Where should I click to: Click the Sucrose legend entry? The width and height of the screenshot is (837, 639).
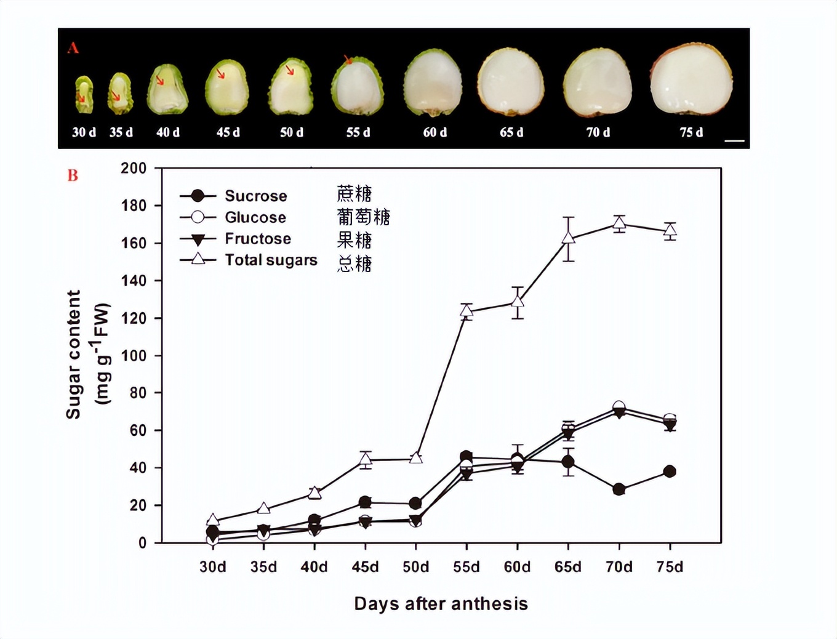[234, 196]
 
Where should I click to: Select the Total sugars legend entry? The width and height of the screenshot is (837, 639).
[249, 260]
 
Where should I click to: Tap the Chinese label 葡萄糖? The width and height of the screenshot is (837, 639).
[363, 217]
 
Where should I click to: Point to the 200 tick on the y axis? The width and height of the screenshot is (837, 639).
[134, 168]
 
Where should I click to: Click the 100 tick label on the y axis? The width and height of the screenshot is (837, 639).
[134, 356]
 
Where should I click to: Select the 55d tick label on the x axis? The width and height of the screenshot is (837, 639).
[466, 567]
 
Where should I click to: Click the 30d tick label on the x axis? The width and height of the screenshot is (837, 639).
[212, 567]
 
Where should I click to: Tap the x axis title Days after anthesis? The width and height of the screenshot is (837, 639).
[441, 604]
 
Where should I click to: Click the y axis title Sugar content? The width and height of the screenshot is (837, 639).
[74, 355]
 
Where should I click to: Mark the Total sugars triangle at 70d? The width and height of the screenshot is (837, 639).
[619, 223]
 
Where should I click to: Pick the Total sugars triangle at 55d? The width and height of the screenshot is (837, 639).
[466, 311]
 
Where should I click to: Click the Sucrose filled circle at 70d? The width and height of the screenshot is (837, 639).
[619, 489]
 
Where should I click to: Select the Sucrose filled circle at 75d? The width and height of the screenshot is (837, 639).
[670, 472]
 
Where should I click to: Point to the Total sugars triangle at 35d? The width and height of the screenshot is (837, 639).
[263, 508]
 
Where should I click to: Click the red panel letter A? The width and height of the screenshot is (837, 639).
[73, 48]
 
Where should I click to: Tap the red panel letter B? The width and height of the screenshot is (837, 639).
[73, 176]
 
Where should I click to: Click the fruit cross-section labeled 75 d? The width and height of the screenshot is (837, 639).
[691, 80]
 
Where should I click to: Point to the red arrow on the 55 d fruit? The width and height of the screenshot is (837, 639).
[348, 60]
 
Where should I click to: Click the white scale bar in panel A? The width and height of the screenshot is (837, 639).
[734, 141]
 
